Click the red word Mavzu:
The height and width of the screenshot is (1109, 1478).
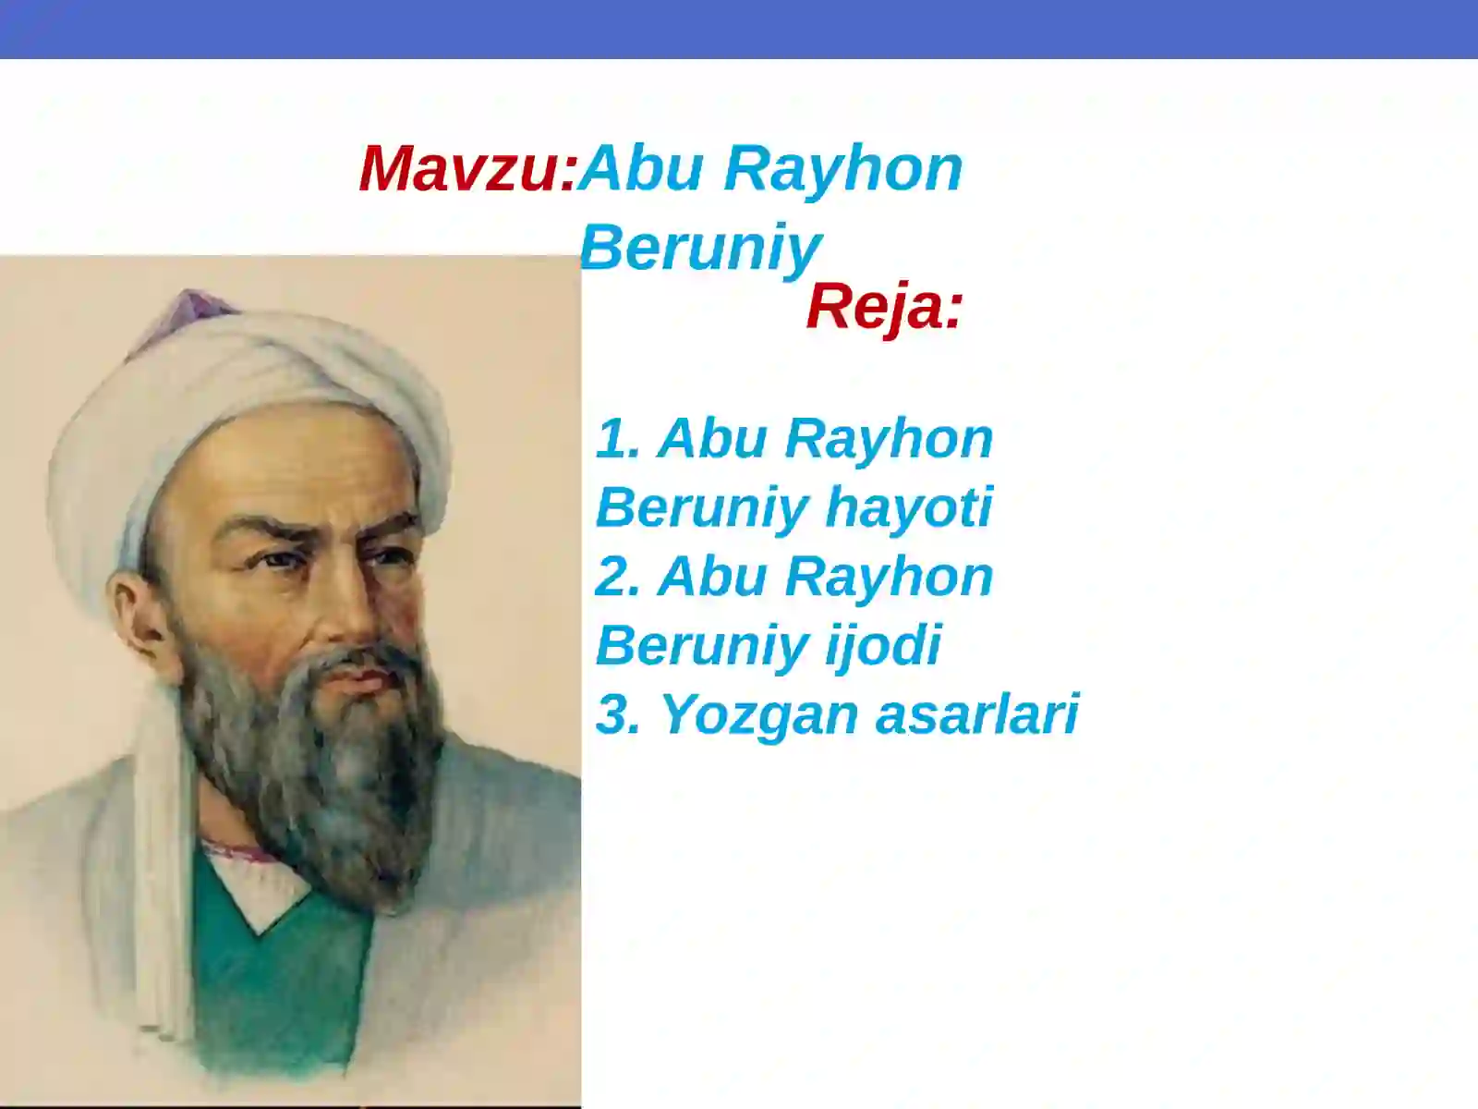pos(467,169)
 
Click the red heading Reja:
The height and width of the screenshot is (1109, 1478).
pos(884,307)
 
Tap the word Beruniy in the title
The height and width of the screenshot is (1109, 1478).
pos(699,248)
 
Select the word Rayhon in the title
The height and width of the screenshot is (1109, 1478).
pos(842,169)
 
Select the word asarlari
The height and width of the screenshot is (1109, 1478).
pos(976,714)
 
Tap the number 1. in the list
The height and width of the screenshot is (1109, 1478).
pos(618,438)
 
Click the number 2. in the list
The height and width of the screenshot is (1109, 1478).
pos(618,577)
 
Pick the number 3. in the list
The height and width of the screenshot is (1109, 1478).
pos(618,714)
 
